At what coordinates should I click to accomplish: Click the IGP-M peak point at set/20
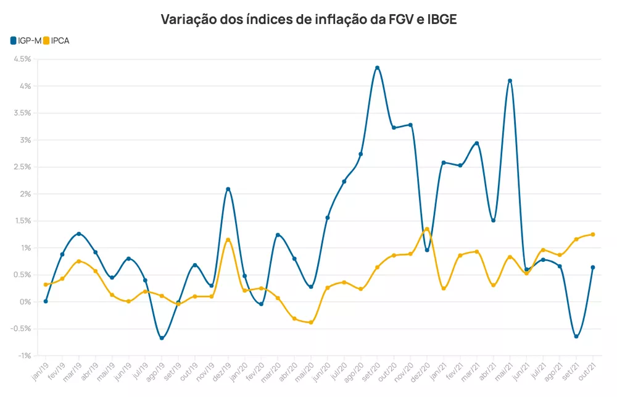tap(377, 68)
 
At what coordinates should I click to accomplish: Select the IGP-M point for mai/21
tap(510, 81)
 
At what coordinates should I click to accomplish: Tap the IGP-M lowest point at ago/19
tap(162, 338)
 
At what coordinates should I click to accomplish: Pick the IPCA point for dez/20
tap(427, 229)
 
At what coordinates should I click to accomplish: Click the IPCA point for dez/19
tap(228, 240)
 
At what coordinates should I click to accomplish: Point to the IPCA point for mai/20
tap(311, 322)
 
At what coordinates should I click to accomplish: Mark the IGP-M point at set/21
tap(576, 336)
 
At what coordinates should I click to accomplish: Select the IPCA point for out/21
tap(593, 234)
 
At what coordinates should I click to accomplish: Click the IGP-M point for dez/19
tap(228, 189)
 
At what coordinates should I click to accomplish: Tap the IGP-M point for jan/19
tap(46, 301)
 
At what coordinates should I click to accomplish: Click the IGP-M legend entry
tap(25, 40)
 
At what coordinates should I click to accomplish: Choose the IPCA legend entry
tap(56, 40)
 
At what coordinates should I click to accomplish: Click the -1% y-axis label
tap(24, 356)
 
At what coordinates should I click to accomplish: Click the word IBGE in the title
tap(442, 19)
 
